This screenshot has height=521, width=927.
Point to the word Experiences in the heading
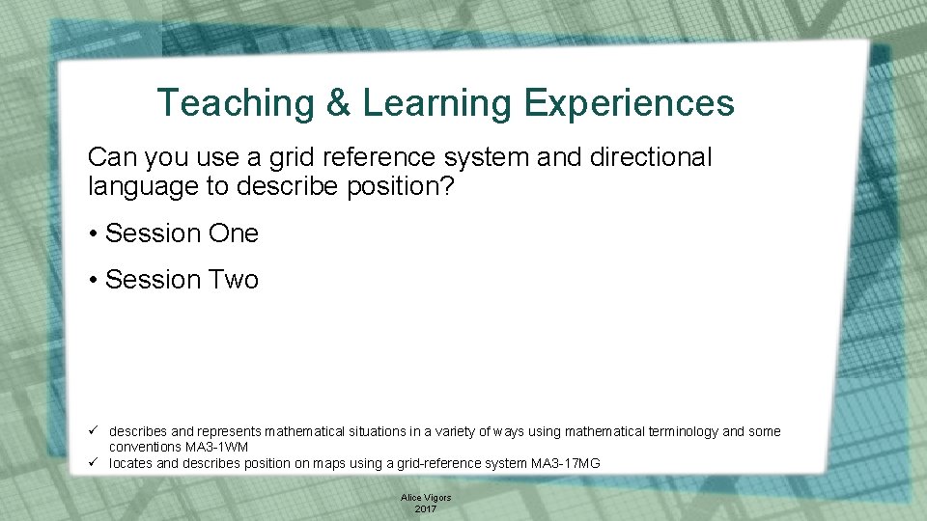(629, 103)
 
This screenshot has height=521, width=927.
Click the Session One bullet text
(182, 233)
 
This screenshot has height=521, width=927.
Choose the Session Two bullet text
(182, 280)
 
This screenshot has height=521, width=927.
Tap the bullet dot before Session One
(93, 234)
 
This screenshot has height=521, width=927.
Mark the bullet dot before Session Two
(93, 281)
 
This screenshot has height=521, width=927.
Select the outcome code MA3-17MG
(566, 464)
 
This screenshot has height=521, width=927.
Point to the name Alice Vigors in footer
(426, 498)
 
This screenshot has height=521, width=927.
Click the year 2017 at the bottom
(426, 508)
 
